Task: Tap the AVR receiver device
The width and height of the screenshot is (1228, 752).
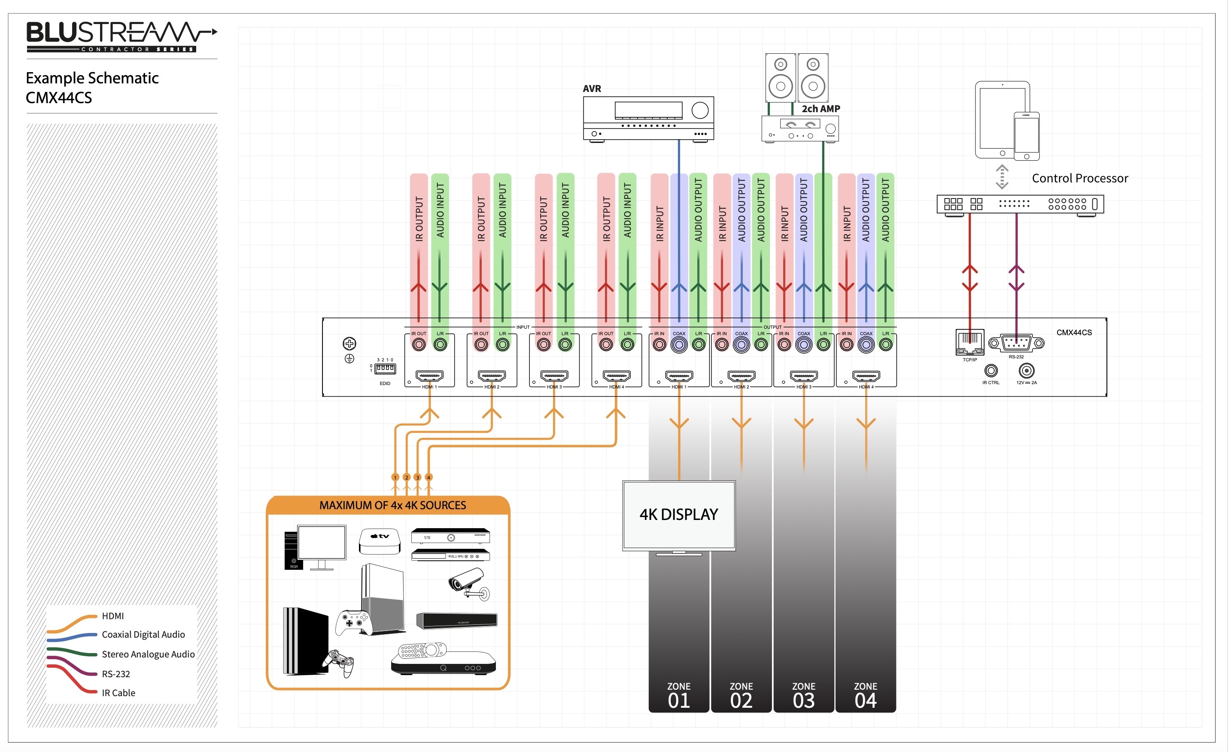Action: [x=648, y=118]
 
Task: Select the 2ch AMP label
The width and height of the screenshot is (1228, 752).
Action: [x=821, y=109]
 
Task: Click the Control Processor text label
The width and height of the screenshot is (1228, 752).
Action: [x=1079, y=178]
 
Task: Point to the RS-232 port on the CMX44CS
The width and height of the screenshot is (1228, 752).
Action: [x=1016, y=343]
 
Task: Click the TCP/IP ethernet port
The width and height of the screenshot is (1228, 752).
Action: [x=970, y=342]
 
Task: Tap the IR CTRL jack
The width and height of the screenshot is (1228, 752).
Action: [x=991, y=370]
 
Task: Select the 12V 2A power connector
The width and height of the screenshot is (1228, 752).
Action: [x=1026, y=370]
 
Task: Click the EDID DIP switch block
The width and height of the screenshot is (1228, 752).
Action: [x=385, y=369]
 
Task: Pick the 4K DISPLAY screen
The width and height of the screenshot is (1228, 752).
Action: [x=679, y=515]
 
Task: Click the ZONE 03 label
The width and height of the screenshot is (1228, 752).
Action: [x=803, y=696]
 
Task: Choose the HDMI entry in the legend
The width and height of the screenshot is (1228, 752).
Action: [x=112, y=616]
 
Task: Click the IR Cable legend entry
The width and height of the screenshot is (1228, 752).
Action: [x=118, y=693]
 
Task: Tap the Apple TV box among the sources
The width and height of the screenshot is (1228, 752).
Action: [x=380, y=541]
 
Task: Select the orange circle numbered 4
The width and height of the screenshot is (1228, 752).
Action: [x=429, y=477]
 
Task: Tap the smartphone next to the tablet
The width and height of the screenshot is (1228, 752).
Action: [x=1026, y=136]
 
